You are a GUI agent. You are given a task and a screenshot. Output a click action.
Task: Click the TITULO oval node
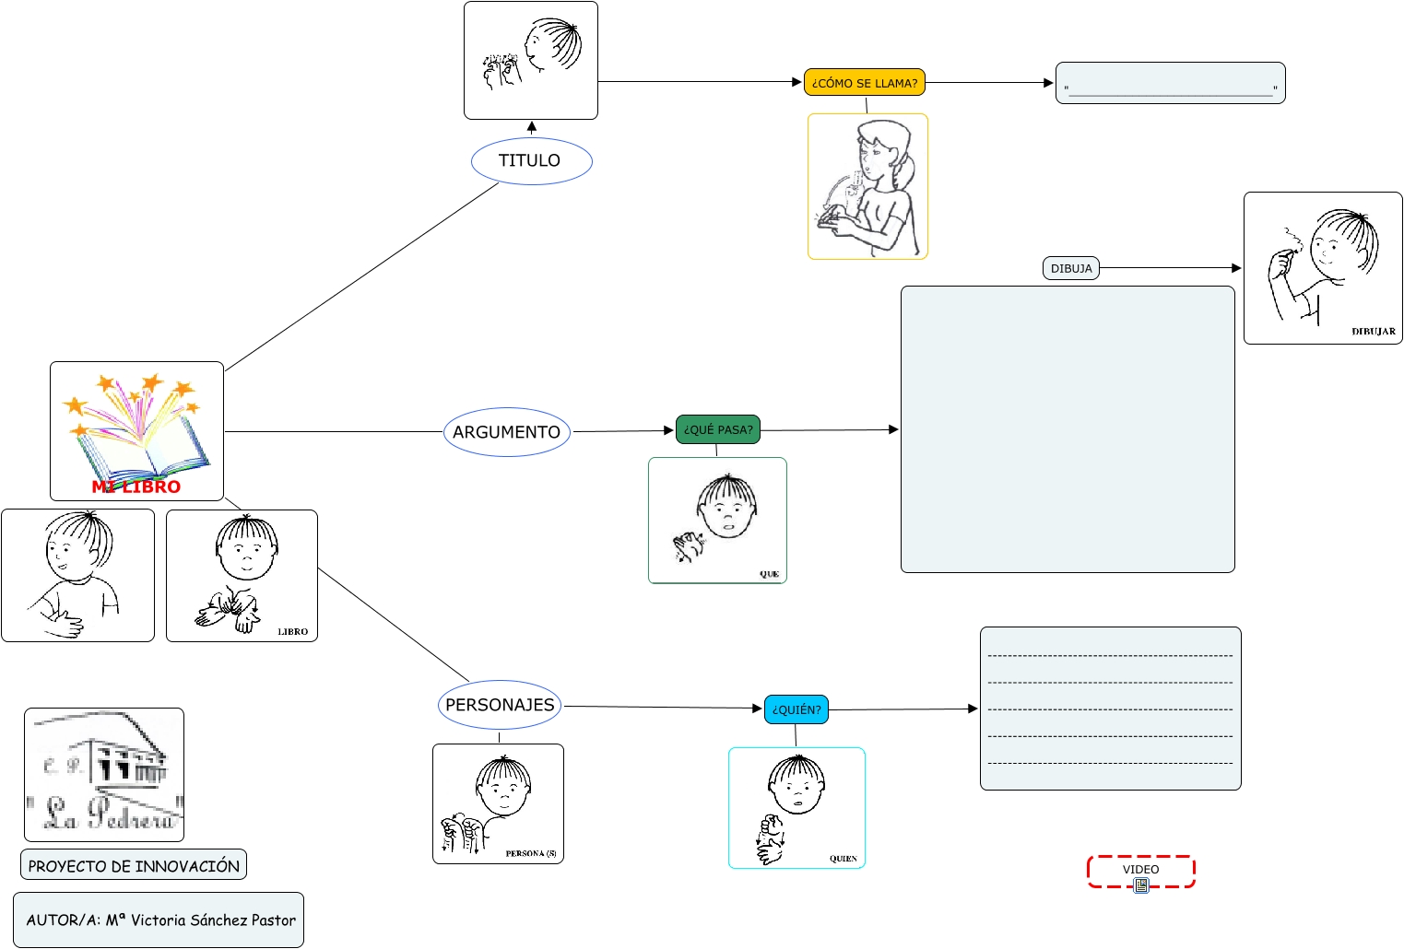coord(531,161)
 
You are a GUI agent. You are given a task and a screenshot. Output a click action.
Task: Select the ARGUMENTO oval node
coord(507,432)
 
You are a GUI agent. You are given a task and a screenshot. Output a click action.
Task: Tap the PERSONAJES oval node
coord(500,705)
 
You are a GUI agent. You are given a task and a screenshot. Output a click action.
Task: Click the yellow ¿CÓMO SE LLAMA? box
coord(864,83)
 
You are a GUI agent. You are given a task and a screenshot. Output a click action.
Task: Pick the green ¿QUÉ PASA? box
coord(717,429)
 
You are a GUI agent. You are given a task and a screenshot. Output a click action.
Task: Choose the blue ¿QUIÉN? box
coord(796,709)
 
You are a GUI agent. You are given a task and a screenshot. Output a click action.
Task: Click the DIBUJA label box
coord(1070,268)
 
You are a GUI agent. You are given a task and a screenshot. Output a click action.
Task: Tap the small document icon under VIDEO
coord(1141,885)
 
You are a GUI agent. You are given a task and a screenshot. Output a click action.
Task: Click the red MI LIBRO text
coord(136,487)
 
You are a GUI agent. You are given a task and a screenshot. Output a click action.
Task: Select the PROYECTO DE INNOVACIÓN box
coord(134,865)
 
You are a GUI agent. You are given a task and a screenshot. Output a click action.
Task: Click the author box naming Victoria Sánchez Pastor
coord(159,920)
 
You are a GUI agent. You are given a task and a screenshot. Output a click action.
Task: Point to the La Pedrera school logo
coord(104,775)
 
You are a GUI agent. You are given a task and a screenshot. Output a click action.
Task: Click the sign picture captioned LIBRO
coord(242,576)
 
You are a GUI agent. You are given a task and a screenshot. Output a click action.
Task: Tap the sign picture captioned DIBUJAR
coord(1322,268)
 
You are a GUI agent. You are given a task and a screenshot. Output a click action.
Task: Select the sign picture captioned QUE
coord(717,521)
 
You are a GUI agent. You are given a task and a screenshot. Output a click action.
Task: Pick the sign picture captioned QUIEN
coord(796,807)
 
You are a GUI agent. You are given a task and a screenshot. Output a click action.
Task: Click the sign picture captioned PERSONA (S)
coord(498,803)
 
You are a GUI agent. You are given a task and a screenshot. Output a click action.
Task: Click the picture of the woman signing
coord(867,187)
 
